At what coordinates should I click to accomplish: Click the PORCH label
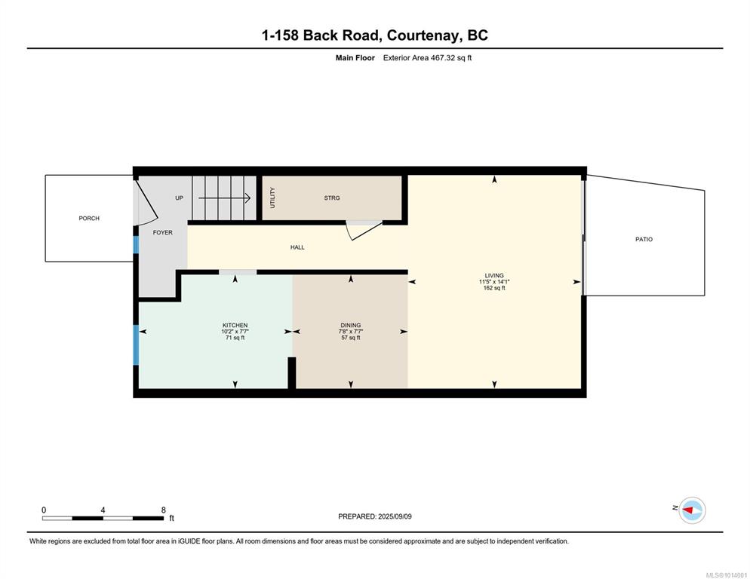(89, 218)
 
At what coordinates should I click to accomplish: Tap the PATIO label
(644, 239)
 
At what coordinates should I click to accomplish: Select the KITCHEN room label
(235, 325)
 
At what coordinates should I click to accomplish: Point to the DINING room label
(351, 325)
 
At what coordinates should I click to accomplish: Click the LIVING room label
(494, 275)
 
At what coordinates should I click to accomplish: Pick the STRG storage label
(332, 198)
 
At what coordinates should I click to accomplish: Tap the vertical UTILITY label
(272, 198)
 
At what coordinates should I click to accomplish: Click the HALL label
(297, 247)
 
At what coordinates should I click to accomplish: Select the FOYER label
(163, 232)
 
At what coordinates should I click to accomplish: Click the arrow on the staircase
(224, 198)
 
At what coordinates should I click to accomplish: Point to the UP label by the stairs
(180, 198)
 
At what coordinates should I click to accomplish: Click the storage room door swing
(364, 230)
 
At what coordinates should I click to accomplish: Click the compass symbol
(693, 510)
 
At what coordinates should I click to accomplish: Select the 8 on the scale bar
(164, 510)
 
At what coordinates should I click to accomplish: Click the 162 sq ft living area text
(494, 288)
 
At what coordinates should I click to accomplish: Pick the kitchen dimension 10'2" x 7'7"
(235, 331)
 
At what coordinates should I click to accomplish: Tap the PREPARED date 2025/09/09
(395, 516)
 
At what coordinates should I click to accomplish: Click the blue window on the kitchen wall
(136, 345)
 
